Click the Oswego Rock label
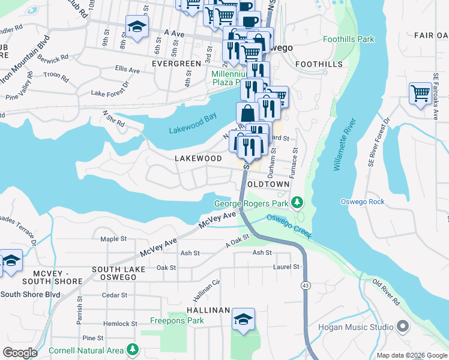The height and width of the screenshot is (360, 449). [x=363, y=202]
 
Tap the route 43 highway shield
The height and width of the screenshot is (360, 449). [x=306, y=286]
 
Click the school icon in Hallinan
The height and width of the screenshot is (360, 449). [x=243, y=320]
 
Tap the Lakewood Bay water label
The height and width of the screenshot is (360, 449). [x=192, y=130]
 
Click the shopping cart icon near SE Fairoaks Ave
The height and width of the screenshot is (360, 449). [x=420, y=93]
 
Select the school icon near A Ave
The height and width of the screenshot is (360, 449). [x=137, y=27]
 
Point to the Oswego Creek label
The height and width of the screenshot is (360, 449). [x=289, y=227]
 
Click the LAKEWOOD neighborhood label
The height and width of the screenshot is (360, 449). [x=198, y=158]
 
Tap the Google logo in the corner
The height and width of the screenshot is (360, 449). [x=20, y=353]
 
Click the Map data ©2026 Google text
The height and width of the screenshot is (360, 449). [x=411, y=356]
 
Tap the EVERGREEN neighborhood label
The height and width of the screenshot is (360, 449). [x=176, y=63]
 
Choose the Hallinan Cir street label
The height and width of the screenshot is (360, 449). [x=207, y=291]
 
